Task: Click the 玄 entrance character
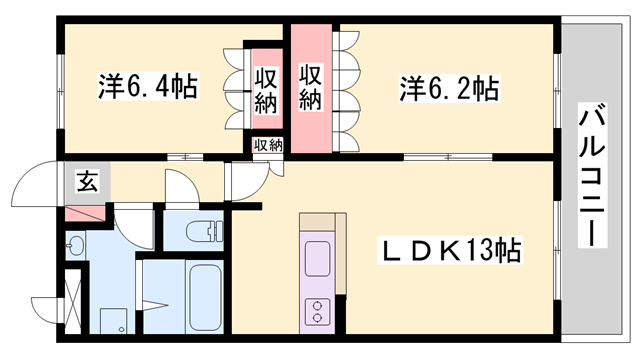(x=86, y=182)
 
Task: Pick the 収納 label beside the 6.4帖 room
(x=265, y=88)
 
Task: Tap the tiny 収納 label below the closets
(x=267, y=145)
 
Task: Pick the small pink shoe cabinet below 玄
(x=85, y=213)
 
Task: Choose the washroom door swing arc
(x=134, y=222)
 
